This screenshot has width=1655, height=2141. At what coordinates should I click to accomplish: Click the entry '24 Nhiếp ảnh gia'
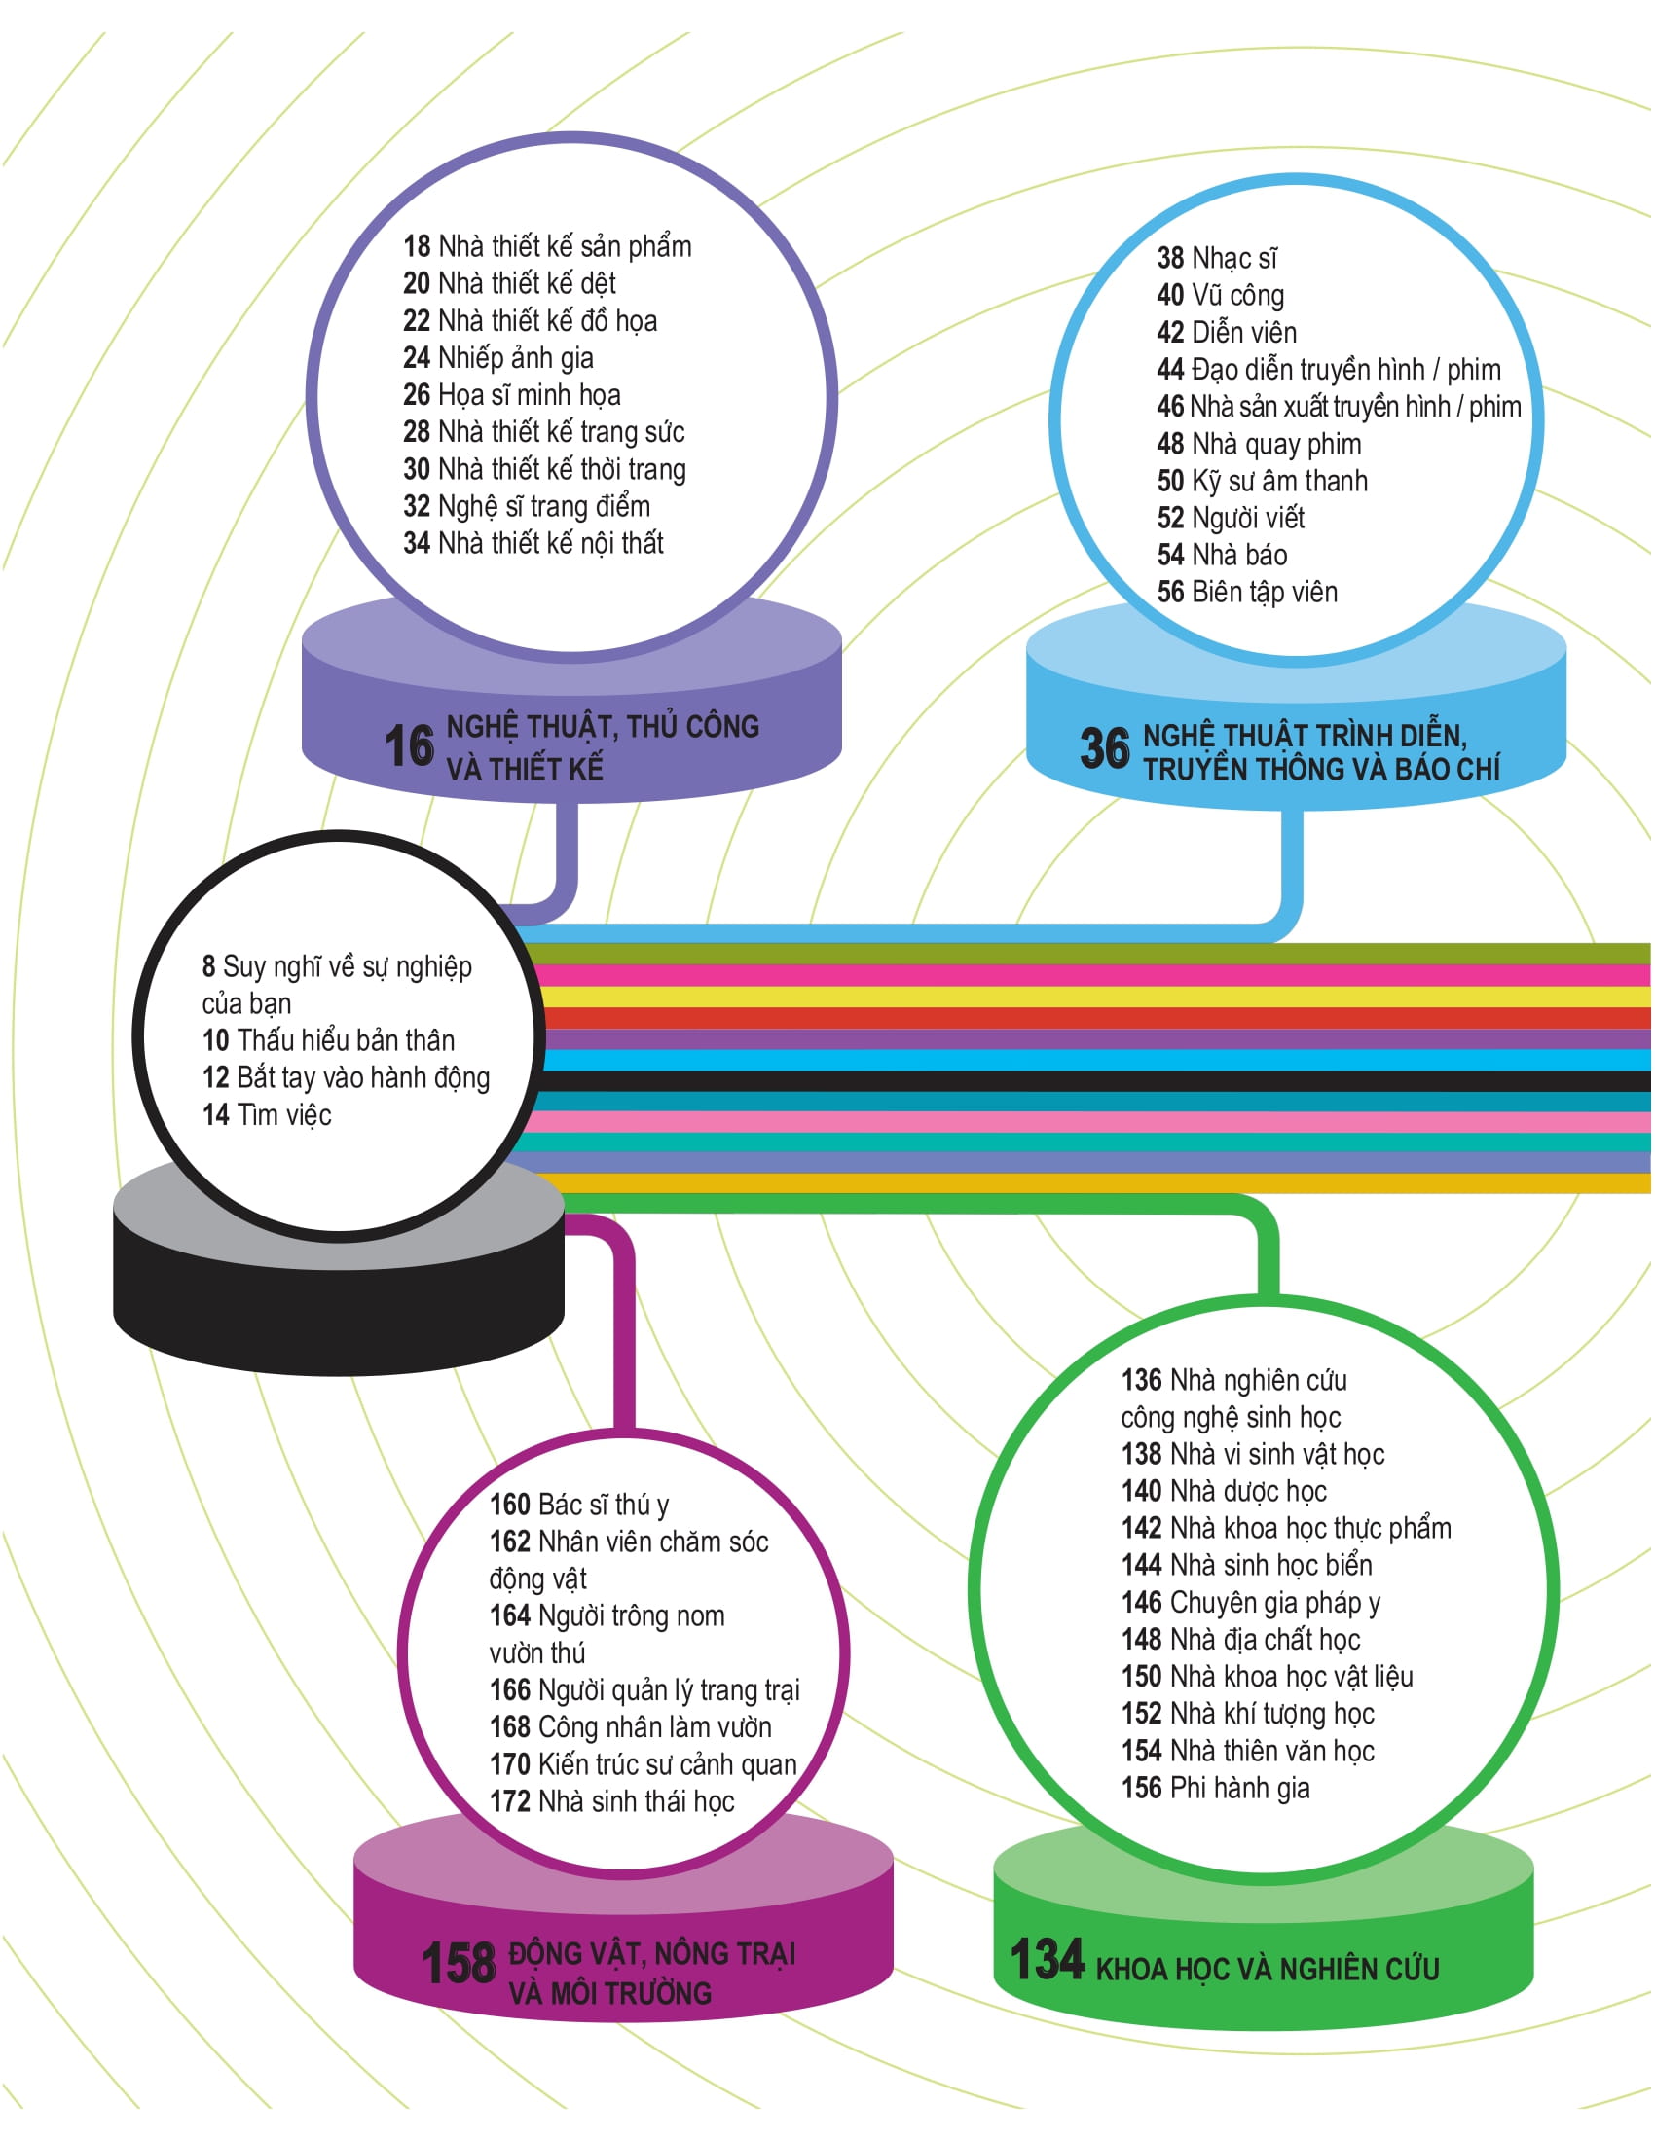coord(498,358)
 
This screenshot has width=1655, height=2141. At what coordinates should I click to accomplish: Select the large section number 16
coord(409,746)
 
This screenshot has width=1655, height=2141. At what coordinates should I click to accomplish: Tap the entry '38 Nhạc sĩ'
coord(1217,258)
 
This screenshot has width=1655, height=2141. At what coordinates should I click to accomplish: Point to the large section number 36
coord(1105,748)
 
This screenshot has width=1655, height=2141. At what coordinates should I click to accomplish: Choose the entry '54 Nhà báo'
coord(1222,555)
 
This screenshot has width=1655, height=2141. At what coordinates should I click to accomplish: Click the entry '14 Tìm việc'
coord(267,1114)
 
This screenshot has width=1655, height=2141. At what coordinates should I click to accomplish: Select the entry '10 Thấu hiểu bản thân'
coord(328,1040)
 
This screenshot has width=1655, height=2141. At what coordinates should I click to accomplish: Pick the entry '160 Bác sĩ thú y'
coord(579,1505)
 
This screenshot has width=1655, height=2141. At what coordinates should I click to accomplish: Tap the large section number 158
coord(459,1964)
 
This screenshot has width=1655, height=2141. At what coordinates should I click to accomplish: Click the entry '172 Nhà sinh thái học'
coord(611,1800)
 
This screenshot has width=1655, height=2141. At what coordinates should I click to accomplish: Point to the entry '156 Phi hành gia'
coord(1216,1787)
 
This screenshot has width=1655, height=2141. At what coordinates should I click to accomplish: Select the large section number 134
coord(1048,1959)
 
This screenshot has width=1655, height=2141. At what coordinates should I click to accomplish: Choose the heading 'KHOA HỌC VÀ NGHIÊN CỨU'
coord(1267,1969)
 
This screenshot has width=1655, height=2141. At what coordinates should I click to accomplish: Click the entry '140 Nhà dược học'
coord(1224,1491)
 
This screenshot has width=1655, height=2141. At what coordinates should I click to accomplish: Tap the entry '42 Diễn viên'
coord(1227,332)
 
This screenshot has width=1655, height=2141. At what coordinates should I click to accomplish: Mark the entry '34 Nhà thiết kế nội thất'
coord(533,543)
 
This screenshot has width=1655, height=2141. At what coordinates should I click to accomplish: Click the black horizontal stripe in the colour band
coord(1079,1080)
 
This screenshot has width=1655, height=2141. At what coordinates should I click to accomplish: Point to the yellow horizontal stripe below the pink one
coord(1079,997)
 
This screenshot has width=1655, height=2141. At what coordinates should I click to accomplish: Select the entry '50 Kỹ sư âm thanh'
coord(1262,481)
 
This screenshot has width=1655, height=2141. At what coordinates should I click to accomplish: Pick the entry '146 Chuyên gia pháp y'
coord(1251,1602)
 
